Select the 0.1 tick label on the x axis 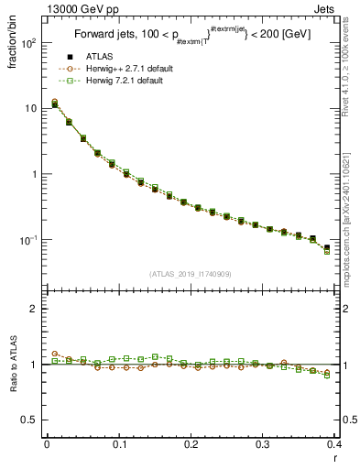click(119, 446)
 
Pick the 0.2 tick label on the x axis click(191, 446)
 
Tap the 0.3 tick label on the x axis click(264, 446)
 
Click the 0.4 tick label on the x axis click(335, 446)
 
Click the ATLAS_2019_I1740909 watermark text click(191, 274)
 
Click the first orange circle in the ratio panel click(55, 354)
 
